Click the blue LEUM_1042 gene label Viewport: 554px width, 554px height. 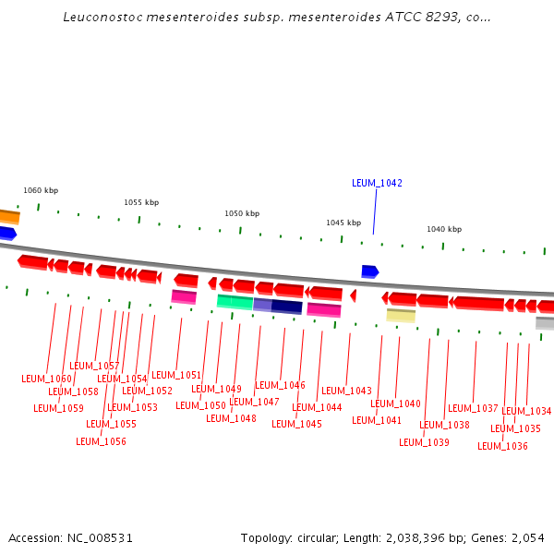click(x=377, y=183)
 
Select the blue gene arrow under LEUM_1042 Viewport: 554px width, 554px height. click(x=369, y=271)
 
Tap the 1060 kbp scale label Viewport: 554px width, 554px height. click(x=41, y=190)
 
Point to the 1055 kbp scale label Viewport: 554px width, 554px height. click(x=141, y=202)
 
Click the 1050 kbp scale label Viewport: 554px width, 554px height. click(x=242, y=212)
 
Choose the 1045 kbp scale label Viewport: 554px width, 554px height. click(x=343, y=223)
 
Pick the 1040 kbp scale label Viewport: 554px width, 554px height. click(x=444, y=229)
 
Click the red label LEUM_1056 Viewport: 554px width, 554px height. click(x=101, y=441)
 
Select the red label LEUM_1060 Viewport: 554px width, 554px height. click(x=46, y=379)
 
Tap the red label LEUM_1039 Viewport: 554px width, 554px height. click(x=424, y=442)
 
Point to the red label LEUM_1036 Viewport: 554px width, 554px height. click(x=502, y=446)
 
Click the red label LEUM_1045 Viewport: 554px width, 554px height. click(x=296, y=424)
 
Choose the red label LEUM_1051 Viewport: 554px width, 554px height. click(x=176, y=375)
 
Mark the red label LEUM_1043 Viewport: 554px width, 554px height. click(x=346, y=391)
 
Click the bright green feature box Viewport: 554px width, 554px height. click(x=235, y=301)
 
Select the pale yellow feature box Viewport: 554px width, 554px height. click(x=401, y=315)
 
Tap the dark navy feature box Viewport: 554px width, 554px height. click(x=286, y=307)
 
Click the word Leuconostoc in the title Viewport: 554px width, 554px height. click(x=101, y=18)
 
